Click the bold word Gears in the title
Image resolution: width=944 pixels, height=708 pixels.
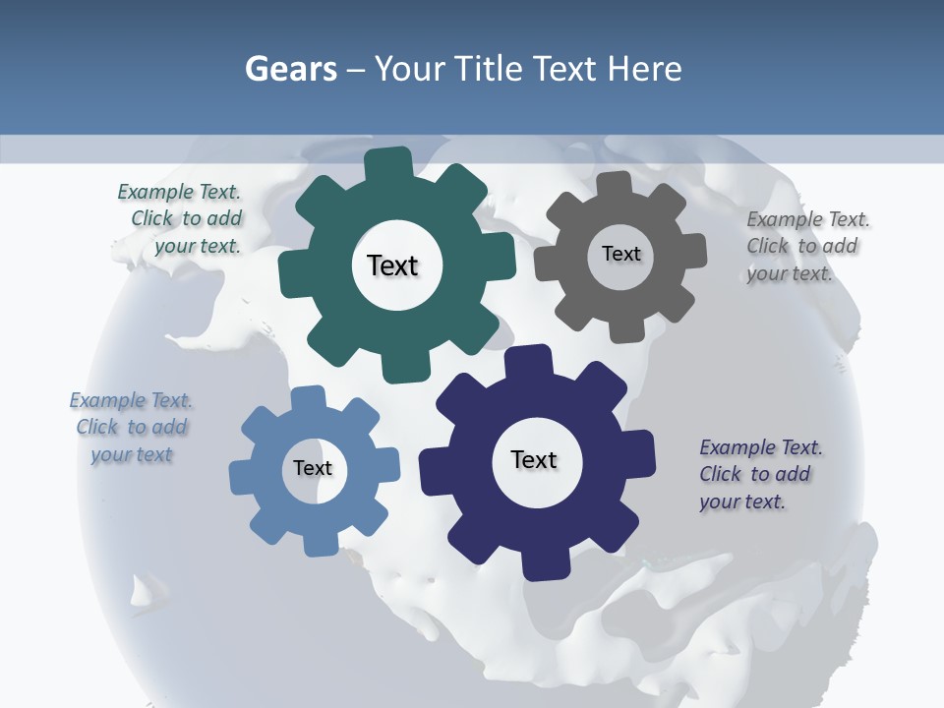coord(290,69)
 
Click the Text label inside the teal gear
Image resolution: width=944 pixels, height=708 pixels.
coord(392,265)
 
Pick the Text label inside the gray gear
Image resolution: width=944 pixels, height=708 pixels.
coord(620,254)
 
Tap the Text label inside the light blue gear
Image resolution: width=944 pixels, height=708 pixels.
coord(312,468)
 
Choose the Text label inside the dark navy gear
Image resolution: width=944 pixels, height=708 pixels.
coord(534,459)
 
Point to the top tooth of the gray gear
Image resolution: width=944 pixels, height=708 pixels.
coord(614,184)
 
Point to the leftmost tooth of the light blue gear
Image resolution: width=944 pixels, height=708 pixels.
coord(241,477)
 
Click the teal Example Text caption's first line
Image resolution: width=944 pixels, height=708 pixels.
coord(179,193)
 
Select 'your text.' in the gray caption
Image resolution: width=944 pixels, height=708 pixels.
coord(789,273)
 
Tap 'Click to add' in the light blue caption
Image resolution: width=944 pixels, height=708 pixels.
coord(132,428)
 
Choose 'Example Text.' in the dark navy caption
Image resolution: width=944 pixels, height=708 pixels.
coord(761,447)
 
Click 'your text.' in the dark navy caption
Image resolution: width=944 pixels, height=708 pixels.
coord(742,501)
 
